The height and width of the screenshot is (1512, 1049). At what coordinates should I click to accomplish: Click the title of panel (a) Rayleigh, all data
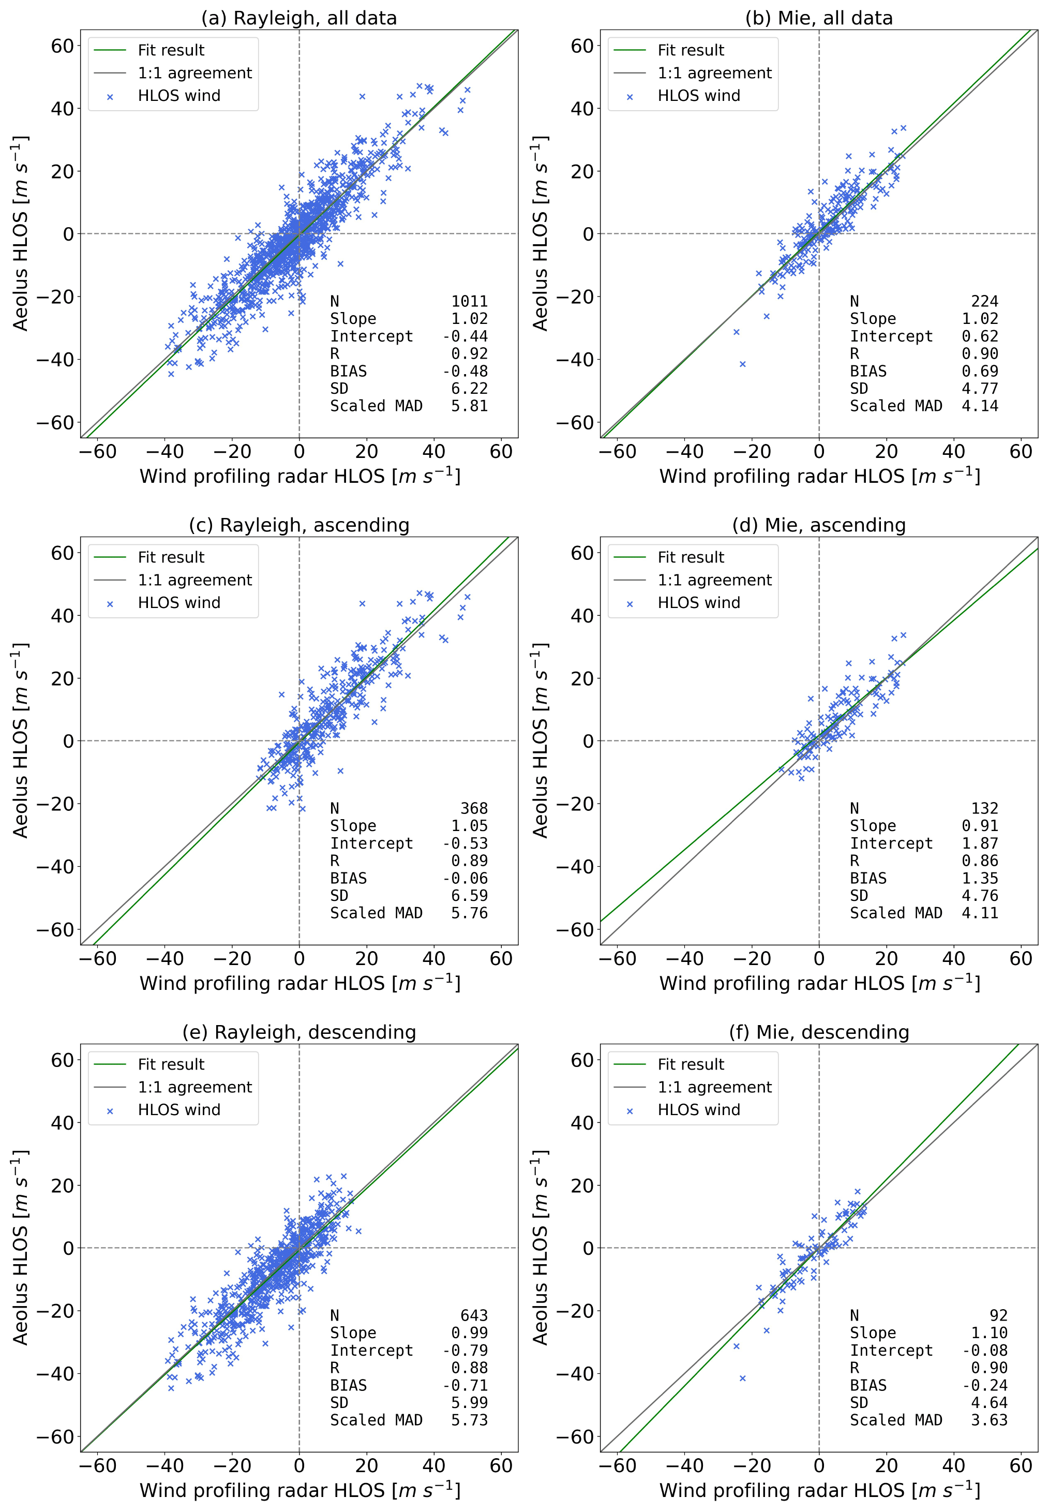[299, 18]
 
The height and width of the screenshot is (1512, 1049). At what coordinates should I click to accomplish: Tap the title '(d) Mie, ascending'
[818, 525]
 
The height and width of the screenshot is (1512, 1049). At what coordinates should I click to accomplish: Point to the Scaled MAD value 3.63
[988, 1420]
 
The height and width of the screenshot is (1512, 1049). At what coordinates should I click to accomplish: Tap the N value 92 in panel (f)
[998, 1315]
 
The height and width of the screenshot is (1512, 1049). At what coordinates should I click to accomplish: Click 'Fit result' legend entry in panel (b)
[690, 50]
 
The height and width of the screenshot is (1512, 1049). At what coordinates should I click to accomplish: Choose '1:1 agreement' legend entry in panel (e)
[194, 1087]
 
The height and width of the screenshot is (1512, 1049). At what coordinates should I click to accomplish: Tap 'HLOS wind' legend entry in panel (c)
[179, 602]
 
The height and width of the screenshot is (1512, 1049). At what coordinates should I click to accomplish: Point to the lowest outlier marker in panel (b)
[743, 364]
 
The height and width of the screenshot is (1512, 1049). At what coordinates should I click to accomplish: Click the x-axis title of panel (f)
[819, 1490]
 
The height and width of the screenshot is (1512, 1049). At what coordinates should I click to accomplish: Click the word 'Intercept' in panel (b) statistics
[891, 336]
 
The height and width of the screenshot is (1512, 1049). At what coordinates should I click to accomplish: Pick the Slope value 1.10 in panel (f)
[988, 1332]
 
